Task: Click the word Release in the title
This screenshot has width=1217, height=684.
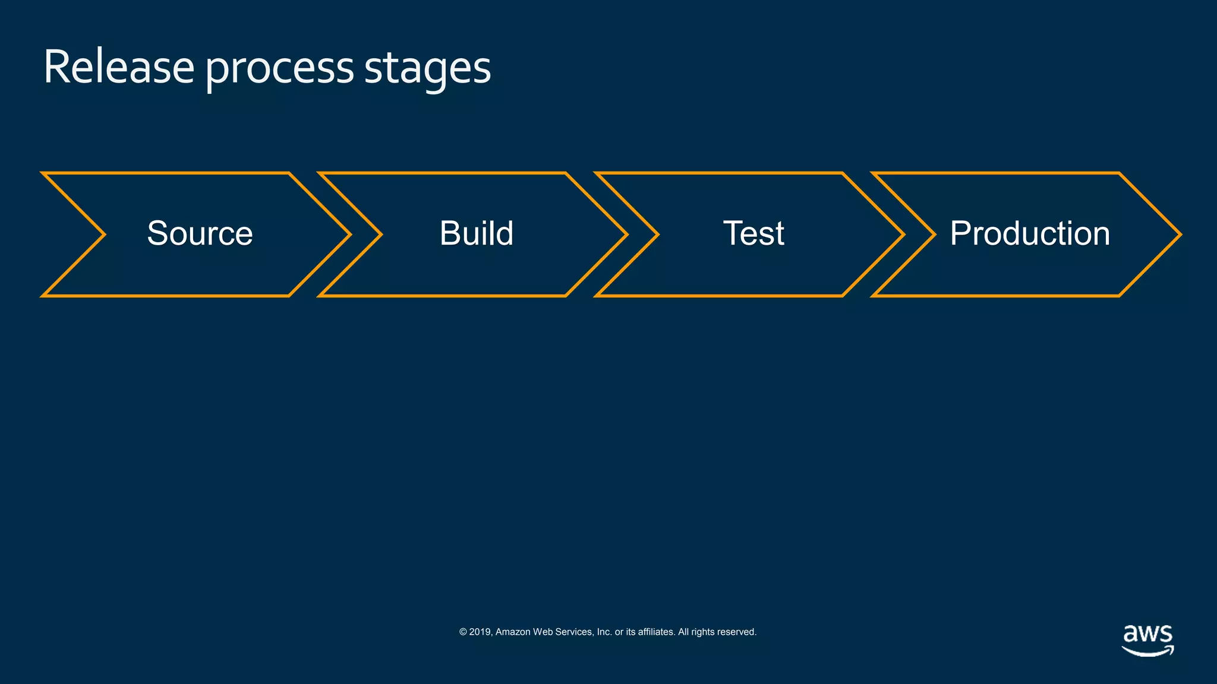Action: click(118, 67)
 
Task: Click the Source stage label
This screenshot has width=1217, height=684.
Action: click(200, 233)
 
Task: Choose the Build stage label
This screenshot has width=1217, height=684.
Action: click(476, 233)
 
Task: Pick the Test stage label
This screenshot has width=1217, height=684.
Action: click(753, 233)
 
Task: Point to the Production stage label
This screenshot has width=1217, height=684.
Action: click(1029, 233)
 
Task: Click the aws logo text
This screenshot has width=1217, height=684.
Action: click(1147, 634)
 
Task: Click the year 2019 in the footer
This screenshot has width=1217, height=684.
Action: click(480, 632)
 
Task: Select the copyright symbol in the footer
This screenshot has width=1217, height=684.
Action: click(463, 632)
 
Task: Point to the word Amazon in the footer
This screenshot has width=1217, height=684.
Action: click(513, 632)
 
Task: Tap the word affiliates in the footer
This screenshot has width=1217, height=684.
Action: click(656, 632)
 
